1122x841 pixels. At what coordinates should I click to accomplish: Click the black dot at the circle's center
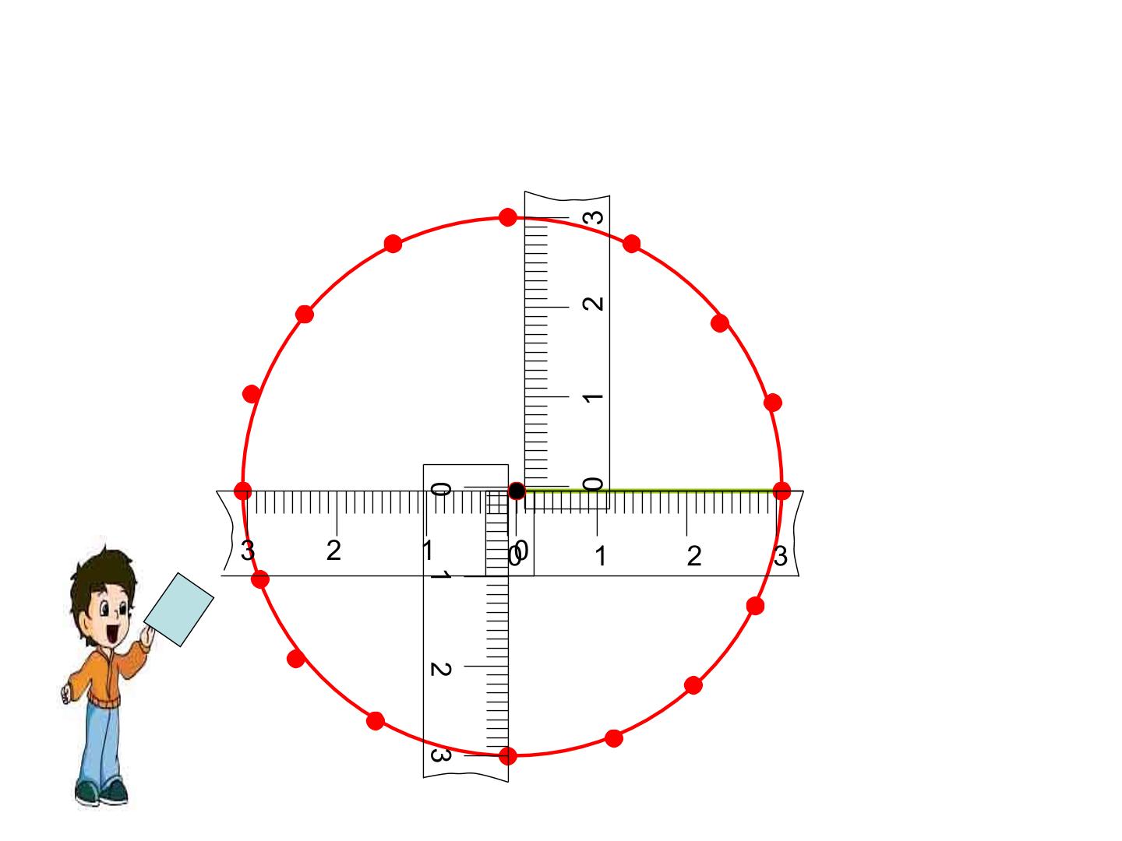click(x=517, y=491)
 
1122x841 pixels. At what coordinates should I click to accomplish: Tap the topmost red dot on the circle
click(x=507, y=217)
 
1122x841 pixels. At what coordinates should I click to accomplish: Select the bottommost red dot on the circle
click(x=507, y=755)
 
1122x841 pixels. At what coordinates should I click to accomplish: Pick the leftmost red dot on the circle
click(x=243, y=491)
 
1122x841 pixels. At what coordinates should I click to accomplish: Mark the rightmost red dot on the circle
click(x=782, y=491)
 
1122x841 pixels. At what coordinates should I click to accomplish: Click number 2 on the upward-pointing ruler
click(x=593, y=304)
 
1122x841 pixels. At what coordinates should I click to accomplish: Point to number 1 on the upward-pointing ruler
click(x=593, y=397)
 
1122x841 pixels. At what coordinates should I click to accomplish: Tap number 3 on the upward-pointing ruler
click(x=594, y=217)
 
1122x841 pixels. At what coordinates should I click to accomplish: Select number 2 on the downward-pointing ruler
click(x=441, y=669)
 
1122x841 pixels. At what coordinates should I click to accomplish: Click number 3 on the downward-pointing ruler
click(x=441, y=755)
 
